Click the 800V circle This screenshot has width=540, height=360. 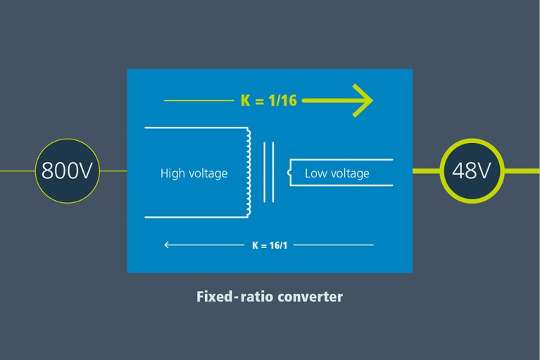tap(67, 171)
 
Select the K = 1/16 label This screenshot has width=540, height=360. tap(268, 101)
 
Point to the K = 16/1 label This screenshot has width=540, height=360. tap(270, 245)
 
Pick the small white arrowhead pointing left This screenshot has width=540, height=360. tap(167, 245)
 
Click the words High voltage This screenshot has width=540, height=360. tap(194, 173)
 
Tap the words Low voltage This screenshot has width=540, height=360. tap(337, 173)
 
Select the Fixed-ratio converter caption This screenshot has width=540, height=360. tap(270, 297)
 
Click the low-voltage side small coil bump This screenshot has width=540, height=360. tap(289, 171)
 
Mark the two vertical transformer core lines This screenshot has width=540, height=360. tap(268, 172)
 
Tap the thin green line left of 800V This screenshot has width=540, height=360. tap(18, 171)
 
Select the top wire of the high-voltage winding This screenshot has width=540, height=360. tap(194, 128)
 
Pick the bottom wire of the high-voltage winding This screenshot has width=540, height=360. tap(194, 217)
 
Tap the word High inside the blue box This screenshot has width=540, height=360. tap(172, 173)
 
